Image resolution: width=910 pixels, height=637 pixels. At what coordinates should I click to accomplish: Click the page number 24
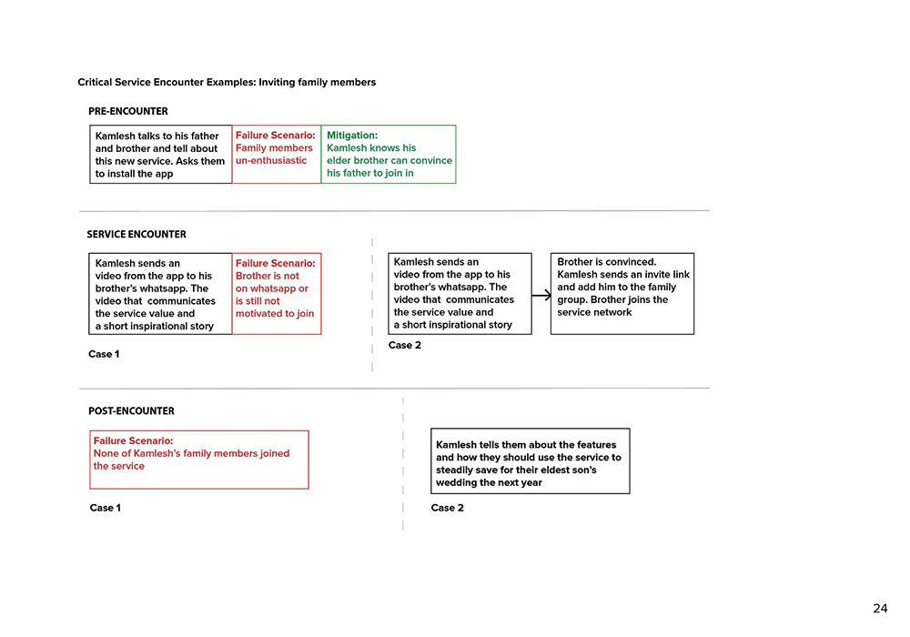tap(880, 609)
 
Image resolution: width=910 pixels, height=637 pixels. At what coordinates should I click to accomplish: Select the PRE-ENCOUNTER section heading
tap(128, 111)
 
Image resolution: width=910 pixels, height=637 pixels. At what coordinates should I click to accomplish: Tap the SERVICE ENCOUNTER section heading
tap(136, 234)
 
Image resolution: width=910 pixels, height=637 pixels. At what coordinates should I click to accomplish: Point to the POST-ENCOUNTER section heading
tap(131, 410)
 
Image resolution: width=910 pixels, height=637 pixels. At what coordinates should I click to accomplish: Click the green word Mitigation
tap(351, 136)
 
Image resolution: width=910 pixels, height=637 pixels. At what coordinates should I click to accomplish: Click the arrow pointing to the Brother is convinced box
tap(541, 295)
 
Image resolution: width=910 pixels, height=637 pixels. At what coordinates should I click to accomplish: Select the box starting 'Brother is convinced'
tap(622, 293)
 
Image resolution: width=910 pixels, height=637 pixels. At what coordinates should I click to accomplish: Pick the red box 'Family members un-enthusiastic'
tap(276, 154)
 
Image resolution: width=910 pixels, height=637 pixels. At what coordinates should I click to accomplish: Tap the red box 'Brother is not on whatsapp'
tap(276, 293)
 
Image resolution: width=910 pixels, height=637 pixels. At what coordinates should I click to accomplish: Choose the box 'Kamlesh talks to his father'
tap(160, 154)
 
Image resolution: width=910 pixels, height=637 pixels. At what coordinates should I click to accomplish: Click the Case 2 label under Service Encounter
tap(404, 346)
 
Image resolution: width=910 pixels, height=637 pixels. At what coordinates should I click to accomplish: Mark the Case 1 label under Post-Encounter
tap(105, 508)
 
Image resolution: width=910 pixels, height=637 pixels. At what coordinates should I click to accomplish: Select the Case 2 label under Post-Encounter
tap(447, 508)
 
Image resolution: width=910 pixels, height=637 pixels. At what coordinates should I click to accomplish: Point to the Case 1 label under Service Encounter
tap(104, 354)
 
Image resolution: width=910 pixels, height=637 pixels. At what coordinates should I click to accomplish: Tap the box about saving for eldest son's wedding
tap(530, 461)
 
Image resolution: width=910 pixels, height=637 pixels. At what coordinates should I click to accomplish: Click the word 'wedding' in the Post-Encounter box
tap(459, 482)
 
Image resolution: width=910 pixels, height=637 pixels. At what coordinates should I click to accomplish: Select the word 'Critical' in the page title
tap(96, 82)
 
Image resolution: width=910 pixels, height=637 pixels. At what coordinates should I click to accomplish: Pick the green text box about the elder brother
tap(389, 154)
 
